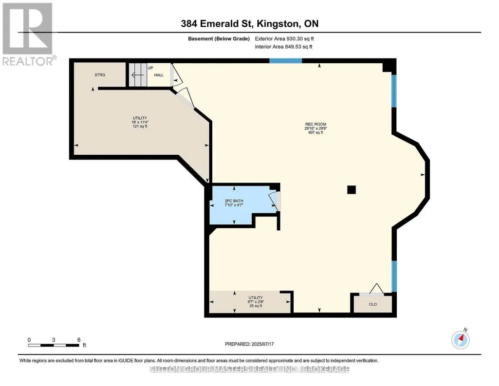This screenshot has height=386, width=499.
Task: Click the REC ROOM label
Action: tap(315, 124)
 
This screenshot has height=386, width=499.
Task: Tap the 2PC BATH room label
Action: tap(234, 201)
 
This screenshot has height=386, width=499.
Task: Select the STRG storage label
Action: tap(100, 75)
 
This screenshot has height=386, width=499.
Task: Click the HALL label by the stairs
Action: tap(159, 75)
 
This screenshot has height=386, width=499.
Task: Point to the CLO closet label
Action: tap(372, 304)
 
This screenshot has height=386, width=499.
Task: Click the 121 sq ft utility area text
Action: tap(140, 127)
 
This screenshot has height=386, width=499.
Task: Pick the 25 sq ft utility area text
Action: tap(256, 306)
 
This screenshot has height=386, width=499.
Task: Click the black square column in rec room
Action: tap(351, 190)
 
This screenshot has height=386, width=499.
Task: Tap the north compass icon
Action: tap(461, 339)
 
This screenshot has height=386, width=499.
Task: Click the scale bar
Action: tap(54, 345)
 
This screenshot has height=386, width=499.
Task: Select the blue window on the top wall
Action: tap(285, 61)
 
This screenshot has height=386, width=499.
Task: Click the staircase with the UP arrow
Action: tap(138, 75)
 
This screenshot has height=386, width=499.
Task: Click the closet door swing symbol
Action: tap(376, 289)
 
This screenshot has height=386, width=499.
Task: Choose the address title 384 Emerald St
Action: tap(249, 23)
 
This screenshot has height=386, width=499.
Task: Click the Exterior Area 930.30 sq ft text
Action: tap(284, 39)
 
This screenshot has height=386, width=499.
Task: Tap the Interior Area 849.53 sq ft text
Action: tap(283, 47)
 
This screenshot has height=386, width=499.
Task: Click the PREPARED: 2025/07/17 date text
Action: tap(249, 344)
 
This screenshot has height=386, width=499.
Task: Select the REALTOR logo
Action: tap(28, 34)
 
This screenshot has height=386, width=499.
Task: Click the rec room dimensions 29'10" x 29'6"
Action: tap(315, 128)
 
